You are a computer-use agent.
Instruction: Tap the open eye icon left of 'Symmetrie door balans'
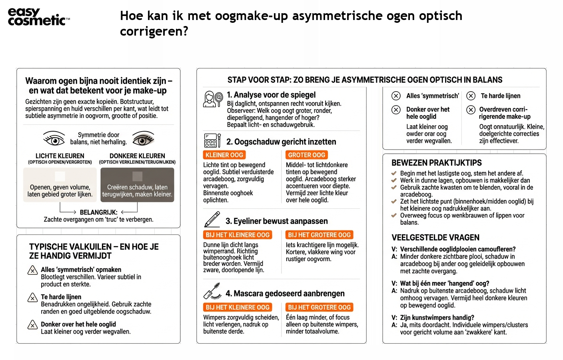coord(54,139)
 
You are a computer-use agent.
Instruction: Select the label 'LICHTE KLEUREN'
coord(60,156)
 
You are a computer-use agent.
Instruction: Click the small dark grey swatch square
coord(137,176)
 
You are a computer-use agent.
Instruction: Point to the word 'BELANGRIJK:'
coord(98,212)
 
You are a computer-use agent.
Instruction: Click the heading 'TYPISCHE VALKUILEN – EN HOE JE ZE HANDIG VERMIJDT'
coord(94,251)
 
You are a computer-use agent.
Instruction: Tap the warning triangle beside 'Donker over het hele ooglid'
coord(32,325)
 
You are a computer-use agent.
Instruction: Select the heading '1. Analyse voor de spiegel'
coord(271,95)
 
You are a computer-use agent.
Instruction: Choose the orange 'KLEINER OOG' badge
coord(224,155)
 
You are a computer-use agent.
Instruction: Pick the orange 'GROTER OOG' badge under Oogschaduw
coord(307,155)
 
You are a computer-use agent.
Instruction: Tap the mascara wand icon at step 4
coord(212,292)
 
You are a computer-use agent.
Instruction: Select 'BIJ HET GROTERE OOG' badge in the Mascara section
coord(319,307)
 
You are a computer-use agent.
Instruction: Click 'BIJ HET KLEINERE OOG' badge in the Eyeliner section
coord(238,235)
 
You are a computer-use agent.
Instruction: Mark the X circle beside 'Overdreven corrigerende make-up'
coord(471,110)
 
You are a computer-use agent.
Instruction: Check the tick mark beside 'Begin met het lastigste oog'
coord(394,174)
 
